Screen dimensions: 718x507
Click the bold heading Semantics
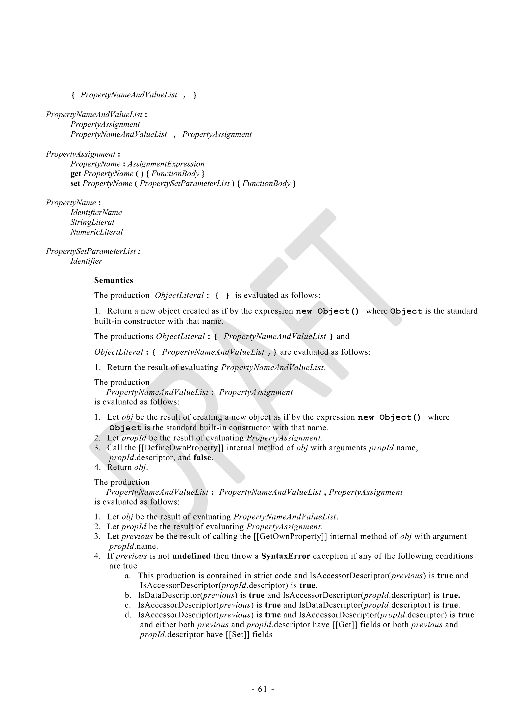pos(113,280)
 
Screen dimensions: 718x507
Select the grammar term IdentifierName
pos(96,212)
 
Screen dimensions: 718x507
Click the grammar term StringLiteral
pos(92,222)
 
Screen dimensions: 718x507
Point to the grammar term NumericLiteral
pos(97,232)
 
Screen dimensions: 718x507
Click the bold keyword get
pos(76,173)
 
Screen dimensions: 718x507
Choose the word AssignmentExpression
pos(166,164)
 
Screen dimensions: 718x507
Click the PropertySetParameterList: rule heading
pos(93,251)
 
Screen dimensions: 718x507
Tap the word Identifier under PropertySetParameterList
pos(86,261)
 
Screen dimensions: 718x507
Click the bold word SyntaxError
pos(285,556)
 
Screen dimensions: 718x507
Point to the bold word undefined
pos(191,556)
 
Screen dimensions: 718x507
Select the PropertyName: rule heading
pos(73,203)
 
